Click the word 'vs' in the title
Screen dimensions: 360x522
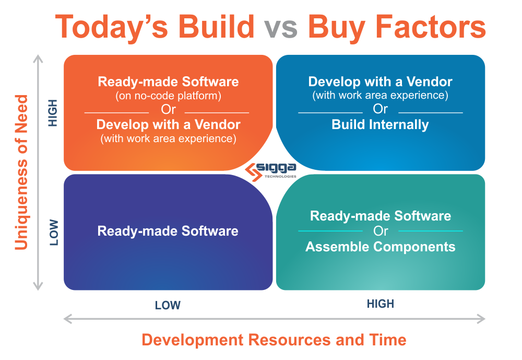coord(280,27)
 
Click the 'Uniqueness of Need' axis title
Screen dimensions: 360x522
coord(21,172)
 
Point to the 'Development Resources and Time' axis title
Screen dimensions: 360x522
coord(274,340)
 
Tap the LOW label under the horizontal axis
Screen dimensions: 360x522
coord(168,306)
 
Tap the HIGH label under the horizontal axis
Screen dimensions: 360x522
coord(381,304)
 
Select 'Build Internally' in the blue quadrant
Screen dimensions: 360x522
coord(380,125)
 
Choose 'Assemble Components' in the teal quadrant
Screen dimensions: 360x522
coord(380,247)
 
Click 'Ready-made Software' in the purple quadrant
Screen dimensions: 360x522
coord(168,231)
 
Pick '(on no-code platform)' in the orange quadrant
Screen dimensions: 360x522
coord(168,96)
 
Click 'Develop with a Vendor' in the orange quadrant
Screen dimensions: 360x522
coord(168,125)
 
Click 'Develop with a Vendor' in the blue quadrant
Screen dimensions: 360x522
coord(380,82)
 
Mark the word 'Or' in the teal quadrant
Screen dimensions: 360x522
coord(380,231)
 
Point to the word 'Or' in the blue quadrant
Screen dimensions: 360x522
coord(380,109)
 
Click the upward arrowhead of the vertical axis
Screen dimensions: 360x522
coord(38,59)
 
